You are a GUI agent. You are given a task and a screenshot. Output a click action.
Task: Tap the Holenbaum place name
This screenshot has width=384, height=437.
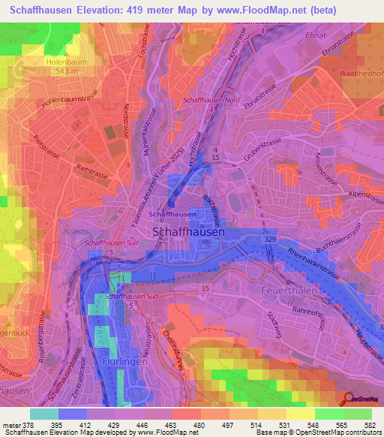coord(66,62)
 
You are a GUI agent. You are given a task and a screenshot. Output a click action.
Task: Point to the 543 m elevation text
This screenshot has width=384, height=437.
coord(66,71)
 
